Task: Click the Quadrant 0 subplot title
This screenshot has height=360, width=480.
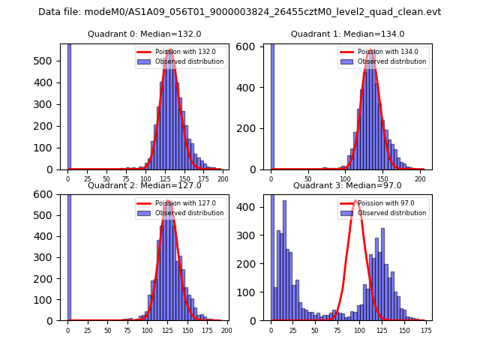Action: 144,34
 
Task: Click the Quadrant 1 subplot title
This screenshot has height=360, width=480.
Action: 347,34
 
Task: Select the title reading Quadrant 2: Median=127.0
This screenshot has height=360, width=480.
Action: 144,185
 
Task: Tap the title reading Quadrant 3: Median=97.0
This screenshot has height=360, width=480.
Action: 347,185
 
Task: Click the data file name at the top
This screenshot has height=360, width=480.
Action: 239,12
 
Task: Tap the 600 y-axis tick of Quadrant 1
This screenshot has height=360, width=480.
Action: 253,46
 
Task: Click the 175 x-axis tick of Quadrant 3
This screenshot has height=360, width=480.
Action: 425,329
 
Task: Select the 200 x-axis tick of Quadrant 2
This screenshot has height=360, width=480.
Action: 226,329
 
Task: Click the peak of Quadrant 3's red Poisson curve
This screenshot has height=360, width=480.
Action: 357,200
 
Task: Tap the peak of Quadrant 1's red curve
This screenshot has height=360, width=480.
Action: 370,50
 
